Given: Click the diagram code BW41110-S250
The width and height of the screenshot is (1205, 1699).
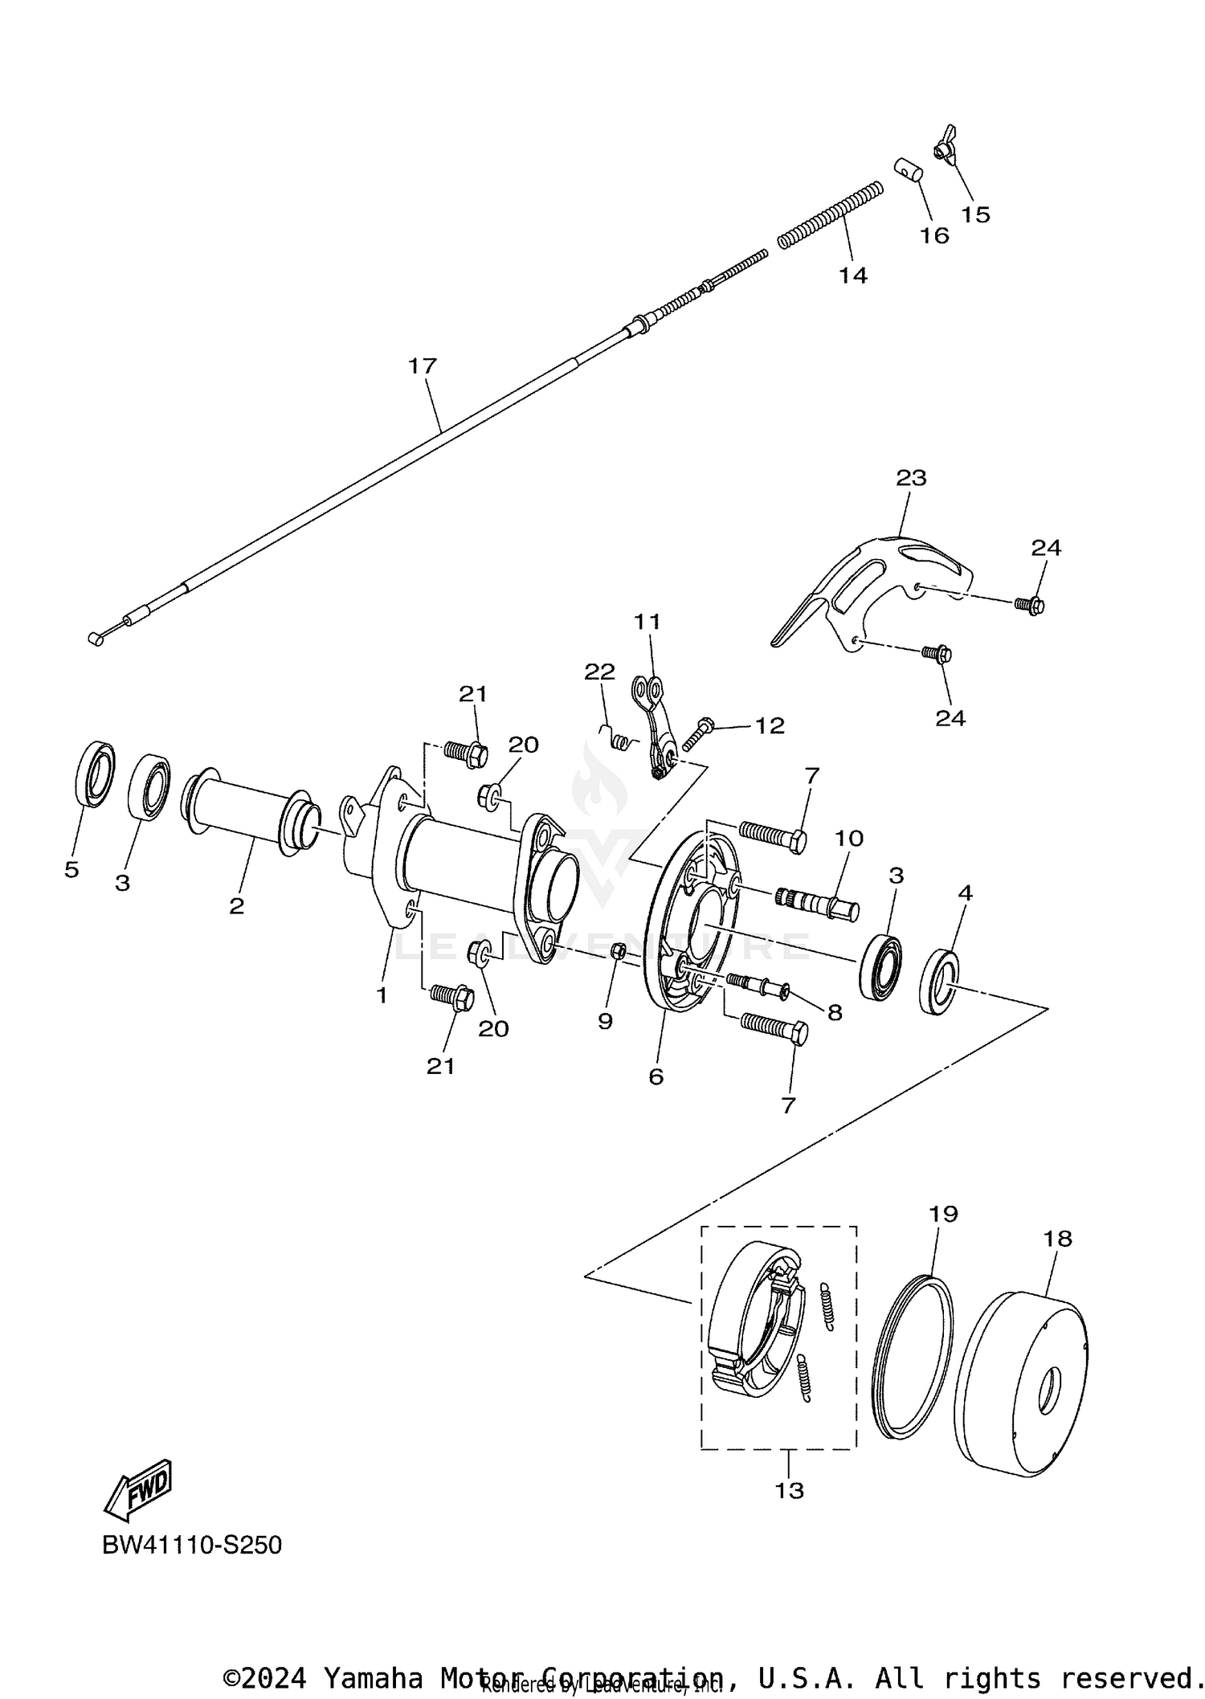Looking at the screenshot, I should pos(192,1545).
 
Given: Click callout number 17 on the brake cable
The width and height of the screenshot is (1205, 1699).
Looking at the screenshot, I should pos(422,366).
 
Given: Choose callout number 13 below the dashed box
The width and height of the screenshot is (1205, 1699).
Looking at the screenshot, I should pos(789,1491).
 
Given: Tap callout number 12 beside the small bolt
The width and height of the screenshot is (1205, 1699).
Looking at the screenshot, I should pos(769,725).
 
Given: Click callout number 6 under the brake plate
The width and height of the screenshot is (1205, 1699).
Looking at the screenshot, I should pos(656,1076).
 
